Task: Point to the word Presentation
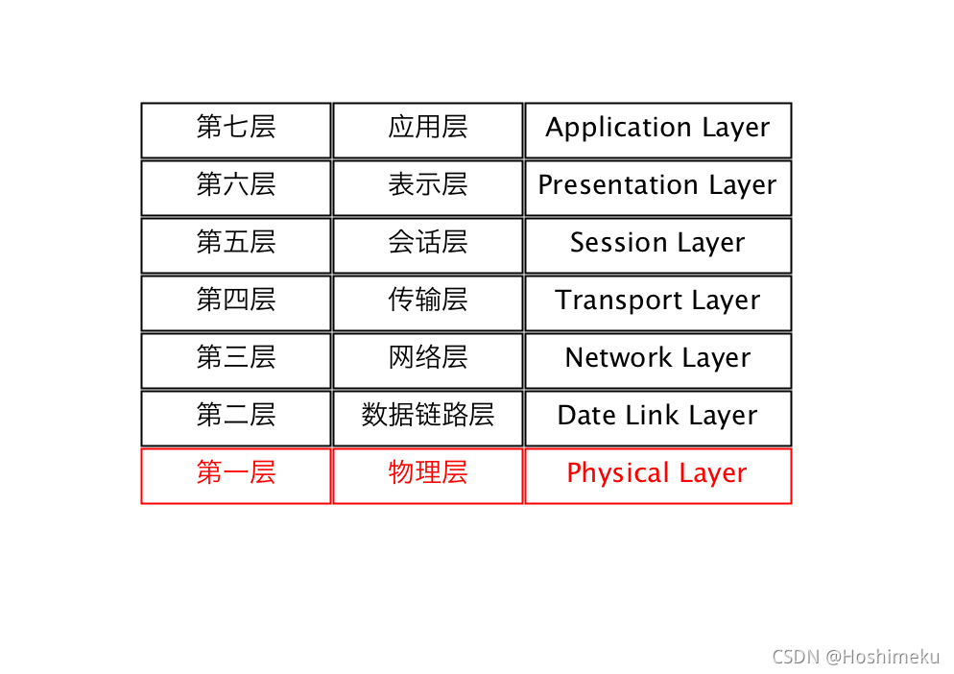[619, 185]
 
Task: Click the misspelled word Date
[584, 416]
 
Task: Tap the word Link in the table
[650, 416]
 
